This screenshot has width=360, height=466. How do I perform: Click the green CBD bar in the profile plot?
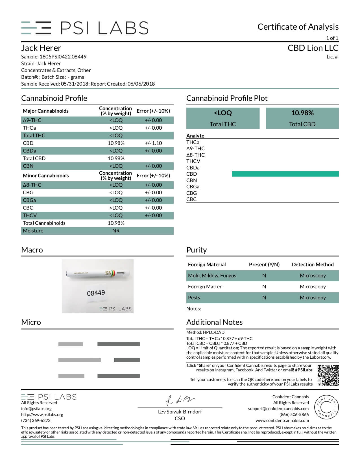click(x=285, y=174)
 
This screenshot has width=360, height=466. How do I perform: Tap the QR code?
click(x=328, y=376)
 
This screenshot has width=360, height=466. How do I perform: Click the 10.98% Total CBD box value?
click(x=302, y=113)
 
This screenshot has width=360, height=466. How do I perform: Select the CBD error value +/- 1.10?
click(x=153, y=143)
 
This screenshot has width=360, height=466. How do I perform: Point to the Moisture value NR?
click(x=116, y=231)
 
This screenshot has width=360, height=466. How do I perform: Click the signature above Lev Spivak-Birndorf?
click(x=180, y=400)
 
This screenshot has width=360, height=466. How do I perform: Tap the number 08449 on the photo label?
click(x=96, y=293)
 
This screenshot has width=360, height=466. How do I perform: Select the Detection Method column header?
click(x=313, y=265)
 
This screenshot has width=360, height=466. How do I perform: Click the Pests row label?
click(x=194, y=298)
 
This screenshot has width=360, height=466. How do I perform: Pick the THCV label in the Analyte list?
click(x=193, y=161)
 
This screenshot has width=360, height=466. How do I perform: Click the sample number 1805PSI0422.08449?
click(x=63, y=57)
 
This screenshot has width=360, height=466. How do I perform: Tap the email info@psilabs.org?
click(x=36, y=409)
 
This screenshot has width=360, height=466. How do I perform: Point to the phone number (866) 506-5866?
click(x=294, y=415)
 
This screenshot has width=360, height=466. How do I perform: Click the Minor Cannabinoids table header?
click(x=46, y=176)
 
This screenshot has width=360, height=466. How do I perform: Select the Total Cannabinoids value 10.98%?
click(x=116, y=223)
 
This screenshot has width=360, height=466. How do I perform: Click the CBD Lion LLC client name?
click(x=313, y=48)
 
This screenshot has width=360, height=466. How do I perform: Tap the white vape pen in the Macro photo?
click(x=98, y=273)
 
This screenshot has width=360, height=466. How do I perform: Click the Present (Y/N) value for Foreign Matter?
click(x=264, y=287)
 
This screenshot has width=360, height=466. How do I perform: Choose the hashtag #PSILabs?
click(x=304, y=370)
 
